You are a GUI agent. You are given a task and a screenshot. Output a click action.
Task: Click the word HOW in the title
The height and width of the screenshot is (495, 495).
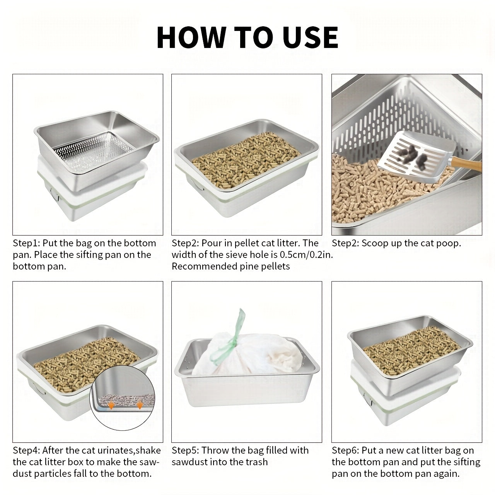tap(192, 37)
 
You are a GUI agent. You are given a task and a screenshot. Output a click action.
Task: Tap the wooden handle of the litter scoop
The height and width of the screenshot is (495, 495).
tap(465, 164)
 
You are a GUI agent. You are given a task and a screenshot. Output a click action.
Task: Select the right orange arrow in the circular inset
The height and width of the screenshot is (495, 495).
tap(140, 405)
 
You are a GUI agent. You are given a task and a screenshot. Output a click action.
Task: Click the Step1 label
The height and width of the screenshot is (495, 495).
tap(26, 243)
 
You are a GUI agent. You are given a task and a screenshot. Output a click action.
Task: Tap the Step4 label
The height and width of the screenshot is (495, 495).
tap(26, 450)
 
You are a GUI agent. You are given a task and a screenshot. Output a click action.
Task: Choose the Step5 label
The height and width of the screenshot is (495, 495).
tap(185, 450)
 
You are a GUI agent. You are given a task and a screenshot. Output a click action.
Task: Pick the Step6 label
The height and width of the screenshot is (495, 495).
tap(345, 450)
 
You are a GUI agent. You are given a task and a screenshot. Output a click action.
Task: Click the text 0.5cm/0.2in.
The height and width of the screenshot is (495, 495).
tap(306, 254)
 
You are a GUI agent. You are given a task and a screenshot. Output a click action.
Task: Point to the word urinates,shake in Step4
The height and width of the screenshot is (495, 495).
tap(121, 451)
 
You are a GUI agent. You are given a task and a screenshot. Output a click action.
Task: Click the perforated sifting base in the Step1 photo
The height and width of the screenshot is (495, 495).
tap(93, 152)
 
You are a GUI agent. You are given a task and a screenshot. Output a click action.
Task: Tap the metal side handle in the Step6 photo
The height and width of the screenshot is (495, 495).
tap(368, 399)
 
